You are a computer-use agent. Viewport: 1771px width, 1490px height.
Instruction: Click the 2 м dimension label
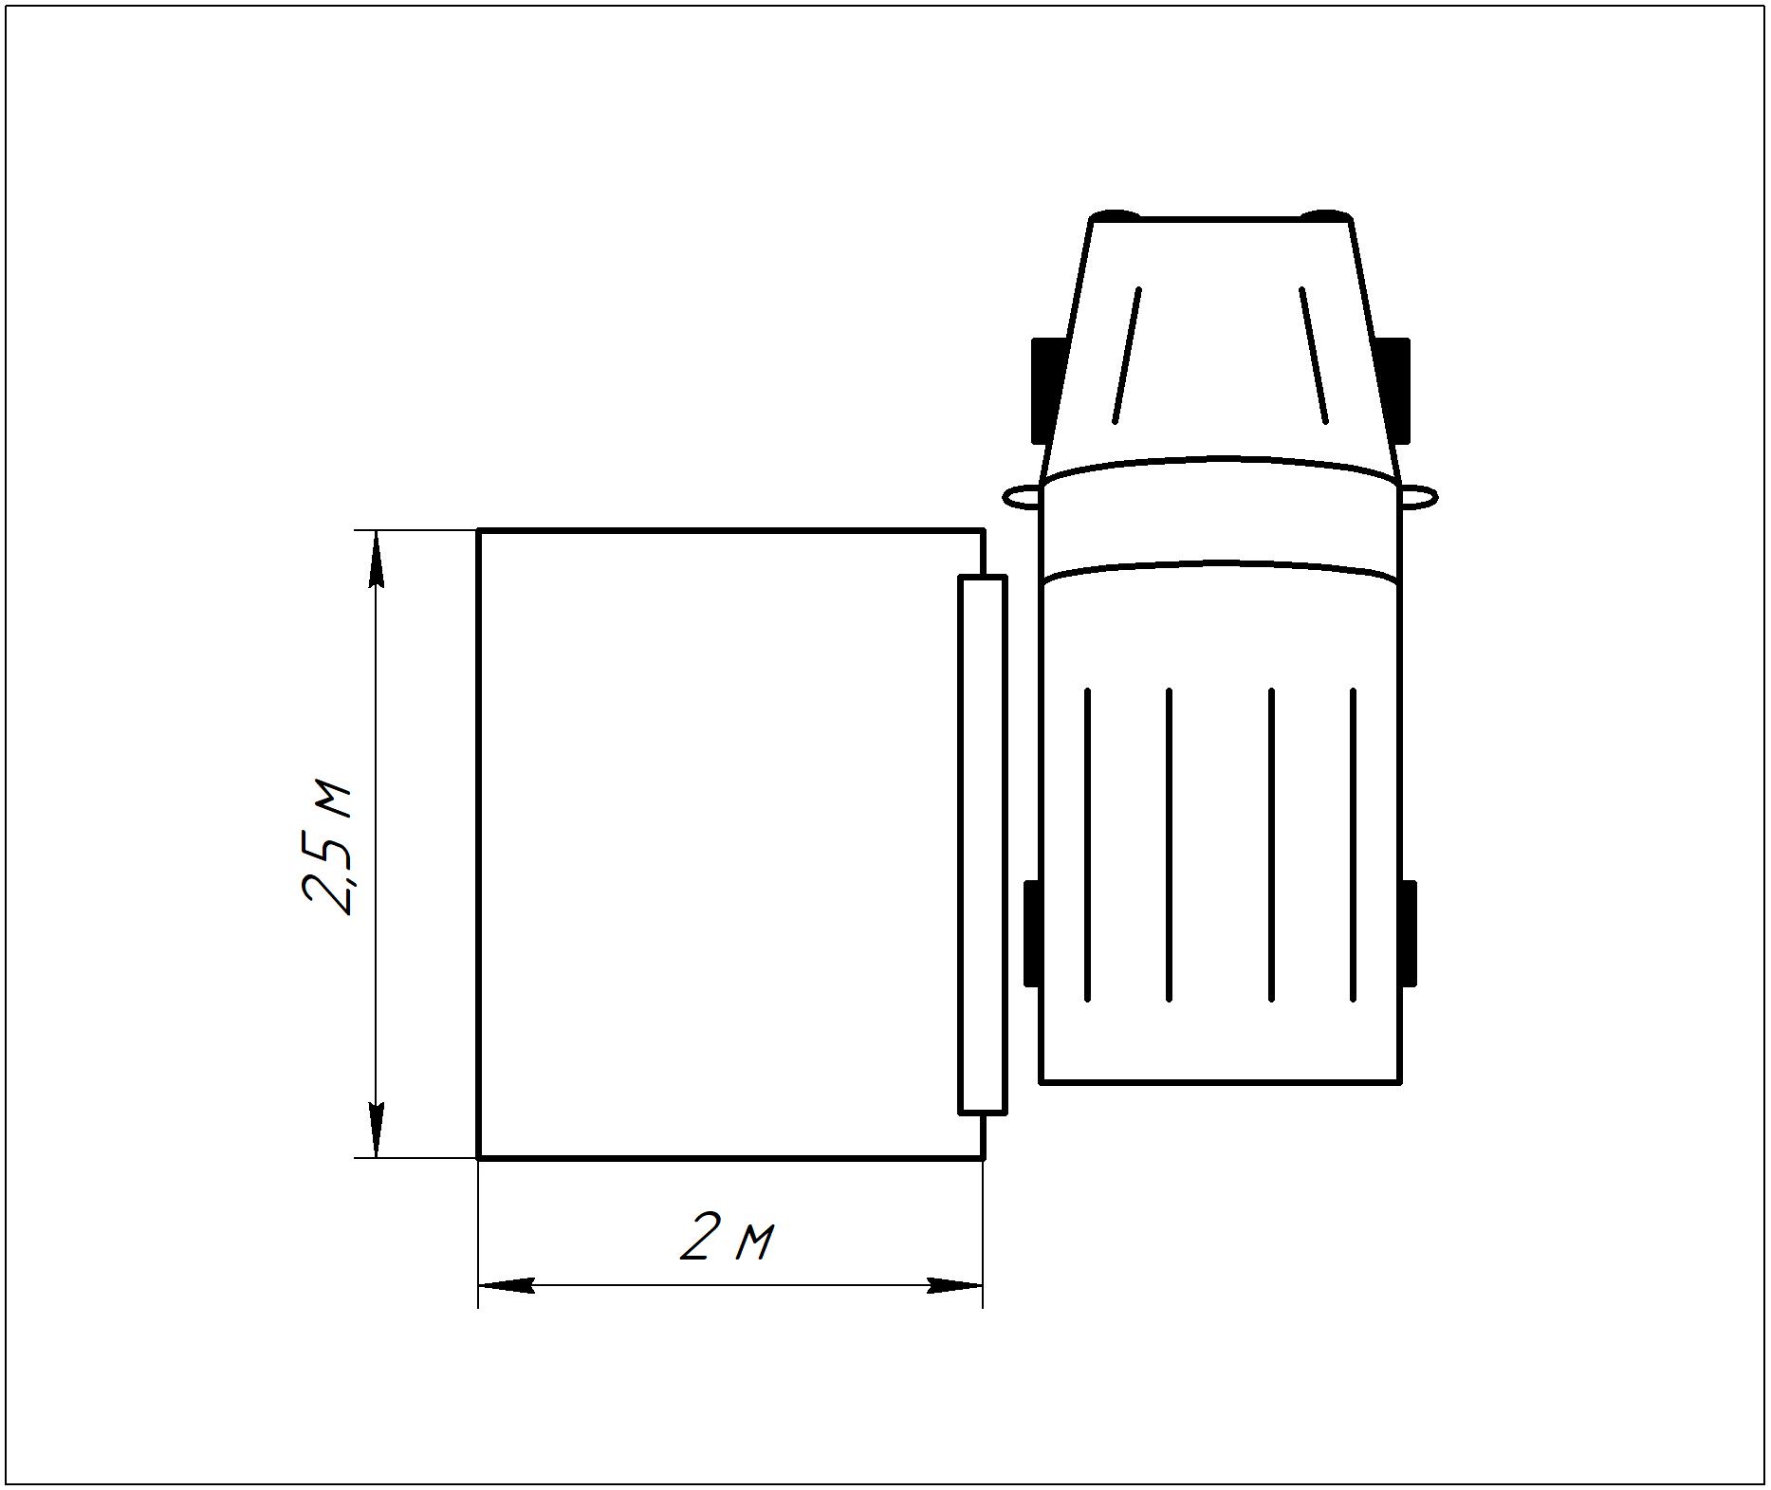[728, 1239]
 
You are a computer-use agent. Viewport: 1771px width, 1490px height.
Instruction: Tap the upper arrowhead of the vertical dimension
[377, 560]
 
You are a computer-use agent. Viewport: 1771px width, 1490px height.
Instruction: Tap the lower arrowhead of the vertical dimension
[377, 1128]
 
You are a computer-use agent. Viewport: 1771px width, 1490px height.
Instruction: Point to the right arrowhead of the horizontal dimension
[953, 1286]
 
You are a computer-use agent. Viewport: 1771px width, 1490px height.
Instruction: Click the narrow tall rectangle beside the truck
[982, 844]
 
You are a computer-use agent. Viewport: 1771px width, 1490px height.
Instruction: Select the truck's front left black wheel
[1044, 390]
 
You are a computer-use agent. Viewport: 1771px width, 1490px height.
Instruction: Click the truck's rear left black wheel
[1032, 933]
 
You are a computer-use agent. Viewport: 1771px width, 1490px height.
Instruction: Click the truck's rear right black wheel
[1409, 933]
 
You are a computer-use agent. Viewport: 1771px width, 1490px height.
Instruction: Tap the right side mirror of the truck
[1419, 496]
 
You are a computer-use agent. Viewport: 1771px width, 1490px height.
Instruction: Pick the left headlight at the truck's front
[1115, 215]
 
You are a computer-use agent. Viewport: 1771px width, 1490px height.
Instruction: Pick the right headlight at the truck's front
[1325, 215]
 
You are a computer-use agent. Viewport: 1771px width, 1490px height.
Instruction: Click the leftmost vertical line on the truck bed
[1087, 844]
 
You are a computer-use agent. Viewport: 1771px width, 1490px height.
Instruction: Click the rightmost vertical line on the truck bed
[1353, 844]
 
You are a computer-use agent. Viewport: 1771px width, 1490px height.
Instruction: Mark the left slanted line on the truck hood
[1127, 355]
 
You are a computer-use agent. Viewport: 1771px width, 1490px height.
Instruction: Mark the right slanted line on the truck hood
[1314, 355]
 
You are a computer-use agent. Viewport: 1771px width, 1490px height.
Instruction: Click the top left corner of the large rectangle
[479, 531]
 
